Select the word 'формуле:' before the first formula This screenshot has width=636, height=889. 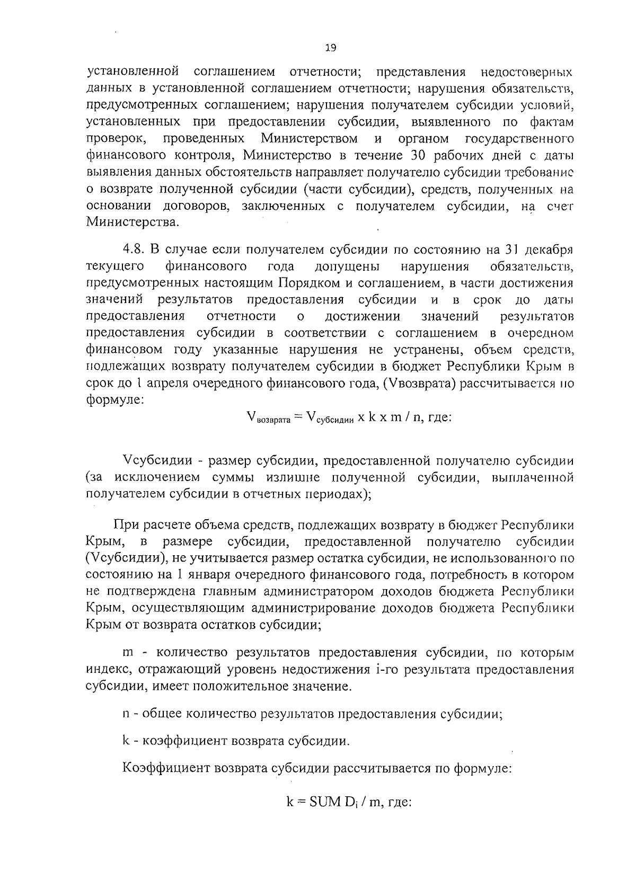[x=113, y=400]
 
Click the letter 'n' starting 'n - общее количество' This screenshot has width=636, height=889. [x=126, y=714]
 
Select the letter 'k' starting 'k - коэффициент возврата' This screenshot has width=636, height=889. [x=126, y=741]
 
